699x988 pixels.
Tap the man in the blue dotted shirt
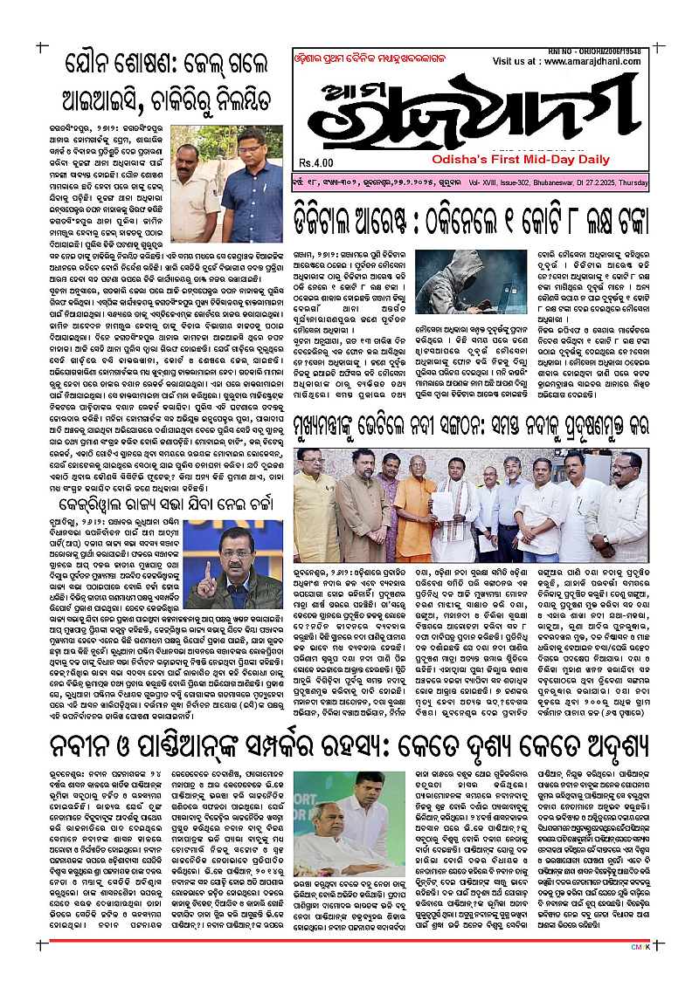[252, 188]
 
